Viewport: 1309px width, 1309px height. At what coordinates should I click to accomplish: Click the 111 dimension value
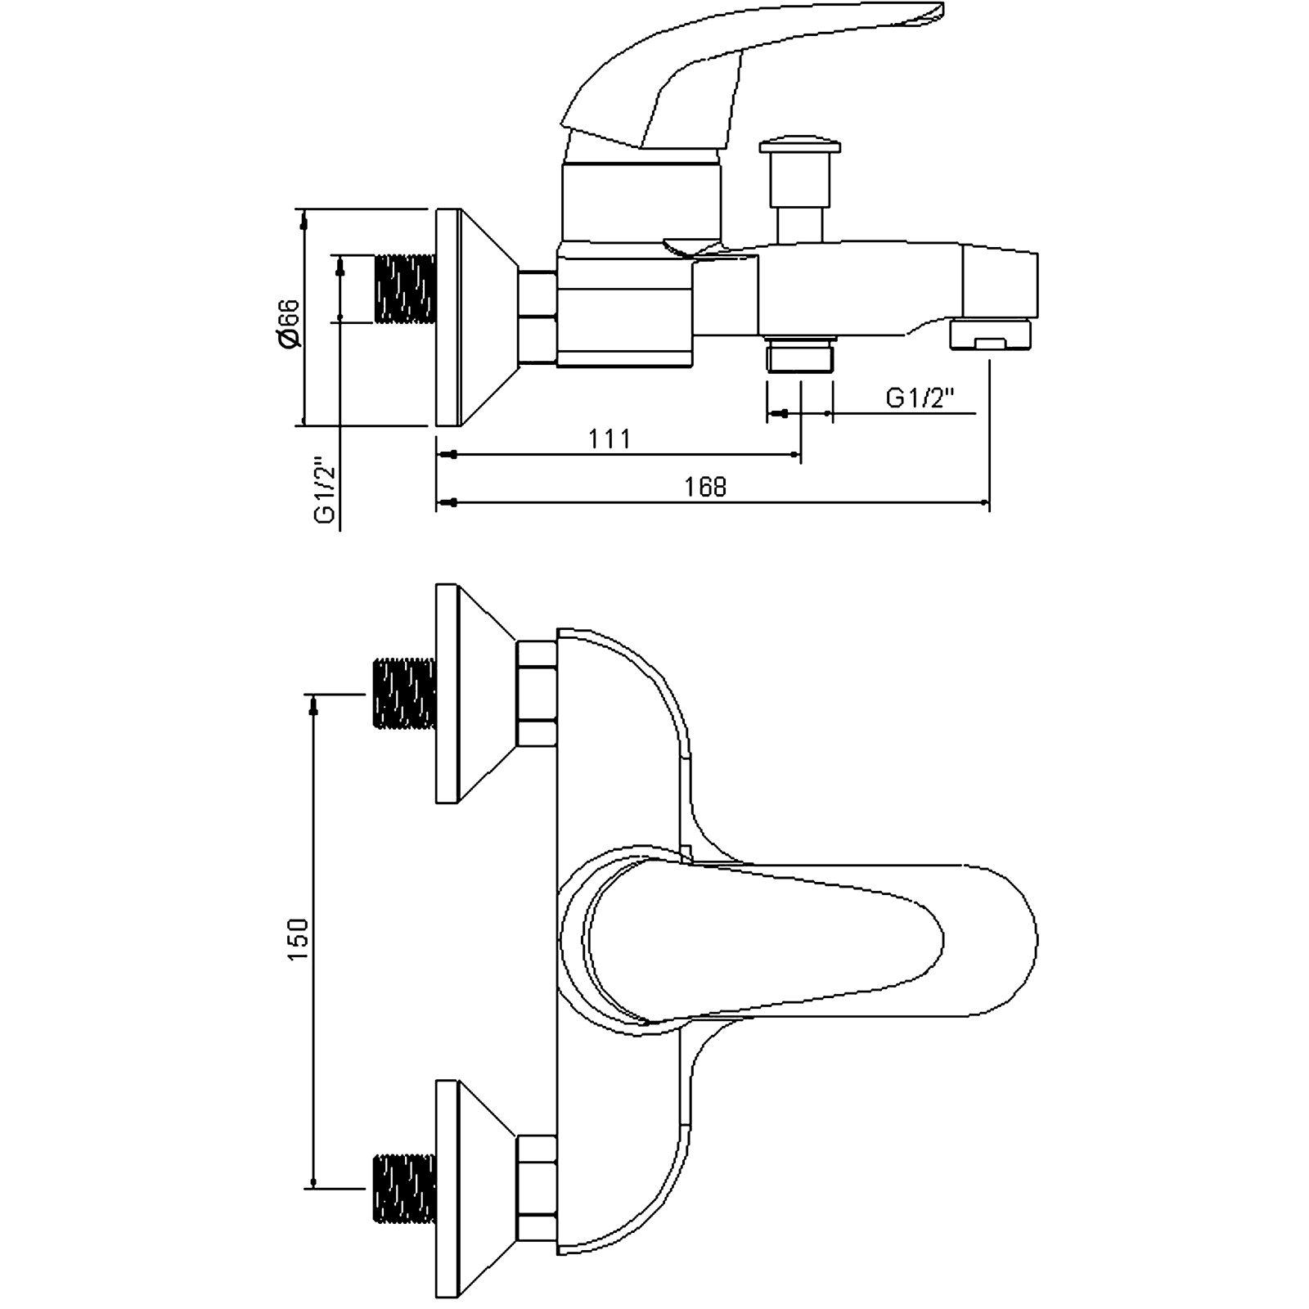coord(610,439)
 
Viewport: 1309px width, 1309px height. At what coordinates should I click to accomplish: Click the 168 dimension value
coord(705,487)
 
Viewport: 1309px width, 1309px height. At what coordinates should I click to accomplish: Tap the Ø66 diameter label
coord(290,324)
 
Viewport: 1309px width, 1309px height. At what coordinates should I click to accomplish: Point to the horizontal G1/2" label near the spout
coord(920,398)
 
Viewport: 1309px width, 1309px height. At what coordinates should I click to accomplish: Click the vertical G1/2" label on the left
coord(326,489)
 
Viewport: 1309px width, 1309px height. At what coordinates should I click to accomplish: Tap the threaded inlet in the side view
coord(404,289)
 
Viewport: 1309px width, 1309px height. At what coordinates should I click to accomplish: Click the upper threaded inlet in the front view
coord(404,693)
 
